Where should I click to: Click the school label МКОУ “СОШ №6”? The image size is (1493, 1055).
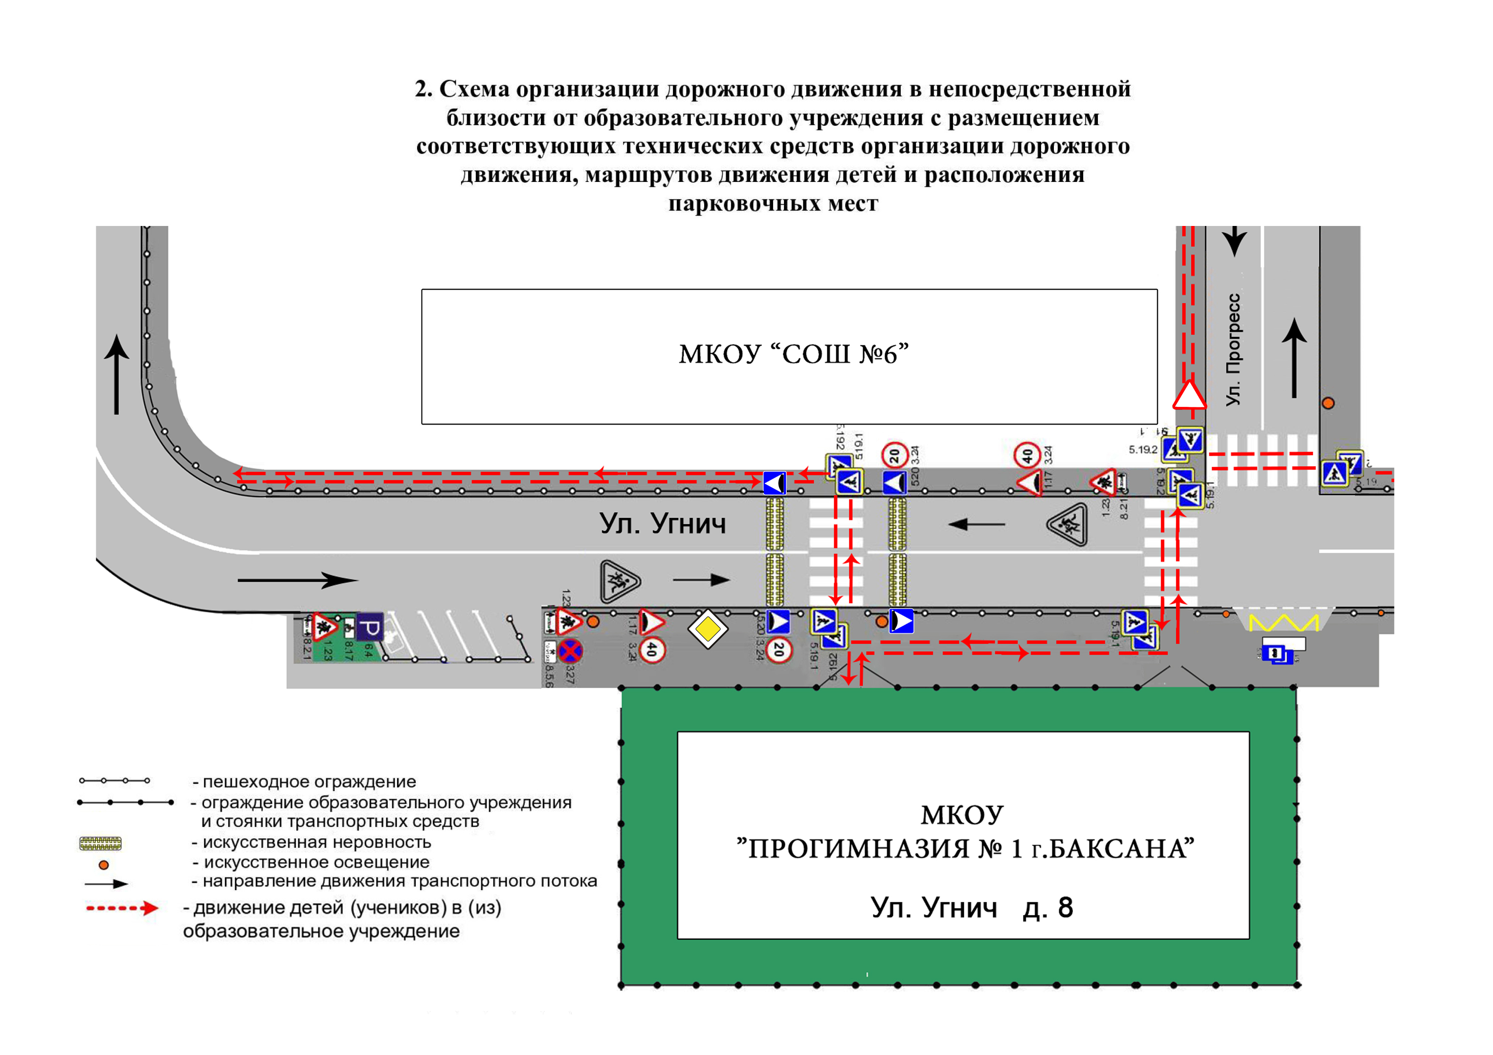tap(793, 355)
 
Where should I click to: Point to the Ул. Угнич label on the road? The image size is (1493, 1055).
tap(662, 524)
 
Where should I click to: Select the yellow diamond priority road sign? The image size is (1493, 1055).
tap(708, 629)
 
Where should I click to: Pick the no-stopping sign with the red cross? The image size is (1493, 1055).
tap(570, 651)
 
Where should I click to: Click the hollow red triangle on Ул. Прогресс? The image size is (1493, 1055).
tap(1189, 396)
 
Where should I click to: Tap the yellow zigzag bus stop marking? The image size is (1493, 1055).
tap(1284, 623)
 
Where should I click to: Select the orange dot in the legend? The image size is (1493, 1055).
tap(103, 865)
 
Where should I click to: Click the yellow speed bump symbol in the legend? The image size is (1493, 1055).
tap(100, 844)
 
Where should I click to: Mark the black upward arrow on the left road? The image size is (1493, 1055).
tap(116, 374)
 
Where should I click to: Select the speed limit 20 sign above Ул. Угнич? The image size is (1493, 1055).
tap(895, 455)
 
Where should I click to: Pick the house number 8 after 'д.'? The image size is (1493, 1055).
tap(1065, 908)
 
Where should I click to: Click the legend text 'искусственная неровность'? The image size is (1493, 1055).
tap(317, 842)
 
